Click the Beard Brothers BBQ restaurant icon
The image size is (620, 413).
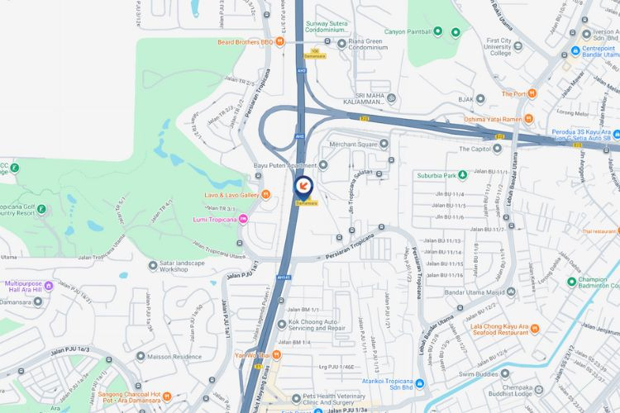click(279, 42)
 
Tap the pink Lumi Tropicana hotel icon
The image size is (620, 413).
click(244, 219)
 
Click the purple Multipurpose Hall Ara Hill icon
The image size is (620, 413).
click(48, 287)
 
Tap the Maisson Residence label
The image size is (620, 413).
click(174, 357)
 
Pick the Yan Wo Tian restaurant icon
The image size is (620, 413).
click(276, 355)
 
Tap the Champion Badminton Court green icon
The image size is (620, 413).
click(571, 282)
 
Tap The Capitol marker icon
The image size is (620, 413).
click(497, 149)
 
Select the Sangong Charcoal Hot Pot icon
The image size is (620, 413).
click(168, 396)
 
